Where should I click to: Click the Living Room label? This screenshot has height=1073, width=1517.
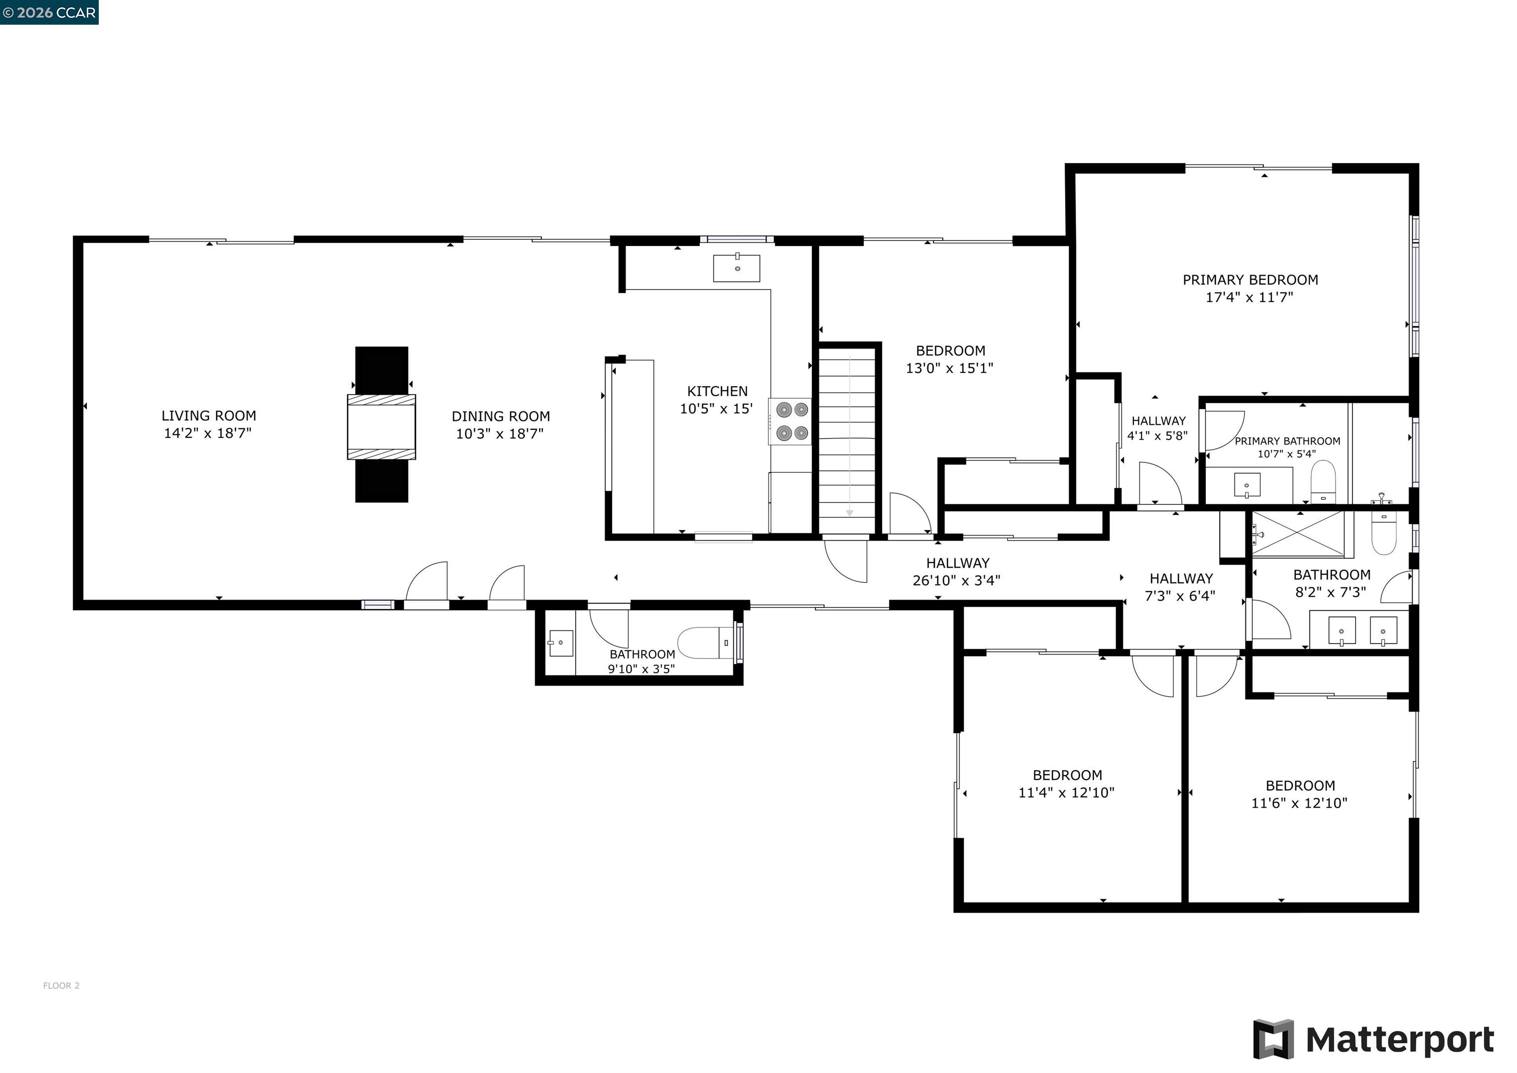(x=209, y=416)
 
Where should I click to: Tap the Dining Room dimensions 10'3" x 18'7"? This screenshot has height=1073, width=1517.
(x=500, y=434)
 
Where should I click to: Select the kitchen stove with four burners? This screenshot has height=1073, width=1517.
(x=792, y=421)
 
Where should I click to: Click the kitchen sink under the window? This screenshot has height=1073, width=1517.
(x=737, y=268)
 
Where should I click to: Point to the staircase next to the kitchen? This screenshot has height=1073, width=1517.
(x=848, y=440)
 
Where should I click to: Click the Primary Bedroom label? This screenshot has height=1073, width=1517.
(x=1250, y=280)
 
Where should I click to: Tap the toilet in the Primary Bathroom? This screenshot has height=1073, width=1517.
(x=1323, y=482)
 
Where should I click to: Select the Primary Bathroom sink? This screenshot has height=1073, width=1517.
(x=1247, y=485)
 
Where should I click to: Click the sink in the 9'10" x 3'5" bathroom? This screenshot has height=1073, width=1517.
(x=560, y=643)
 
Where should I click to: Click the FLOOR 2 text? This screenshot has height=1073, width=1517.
(x=61, y=986)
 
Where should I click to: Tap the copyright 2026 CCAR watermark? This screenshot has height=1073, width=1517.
(x=49, y=12)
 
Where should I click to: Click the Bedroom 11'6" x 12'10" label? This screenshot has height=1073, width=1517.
(x=1300, y=794)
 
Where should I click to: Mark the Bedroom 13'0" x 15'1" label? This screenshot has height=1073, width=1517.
(x=950, y=360)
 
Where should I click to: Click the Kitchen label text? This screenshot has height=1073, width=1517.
(x=717, y=391)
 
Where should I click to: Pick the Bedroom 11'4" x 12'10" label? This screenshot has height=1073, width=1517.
(x=1066, y=784)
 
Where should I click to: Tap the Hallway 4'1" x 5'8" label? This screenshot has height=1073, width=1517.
(x=1158, y=428)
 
